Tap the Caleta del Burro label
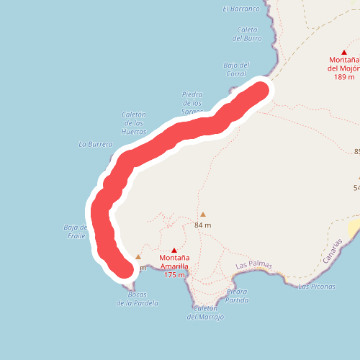tap(248, 34)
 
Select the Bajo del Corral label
tap(236, 68)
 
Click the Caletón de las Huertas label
tap(135, 123)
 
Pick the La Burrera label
tap(96, 144)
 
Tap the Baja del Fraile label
tap(75, 231)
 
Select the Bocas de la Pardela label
tap(137, 299)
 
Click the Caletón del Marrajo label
tap(205, 312)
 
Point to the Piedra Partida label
tap(237, 295)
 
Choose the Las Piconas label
tap(316, 287)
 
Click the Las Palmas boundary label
tap(254, 265)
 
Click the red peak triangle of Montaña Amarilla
tap(174, 251)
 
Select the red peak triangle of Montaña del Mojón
tap(344, 52)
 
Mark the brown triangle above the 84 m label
tap(203, 214)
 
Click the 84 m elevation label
tap(203, 225)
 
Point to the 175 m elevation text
tap(174, 274)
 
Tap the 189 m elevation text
tap(341, 77)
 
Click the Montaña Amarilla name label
tap(174, 262)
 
